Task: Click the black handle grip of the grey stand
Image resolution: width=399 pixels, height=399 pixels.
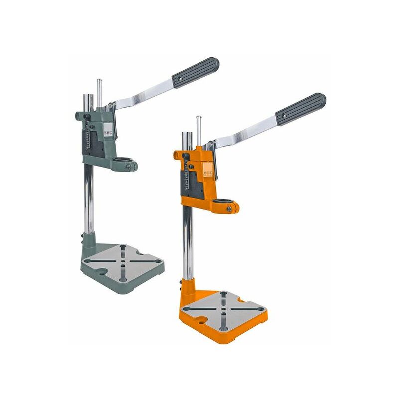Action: [x=196, y=72]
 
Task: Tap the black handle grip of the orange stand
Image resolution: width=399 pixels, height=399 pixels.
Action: [x=302, y=108]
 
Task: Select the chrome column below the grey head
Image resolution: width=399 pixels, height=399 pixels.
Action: [x=88, y=199]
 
